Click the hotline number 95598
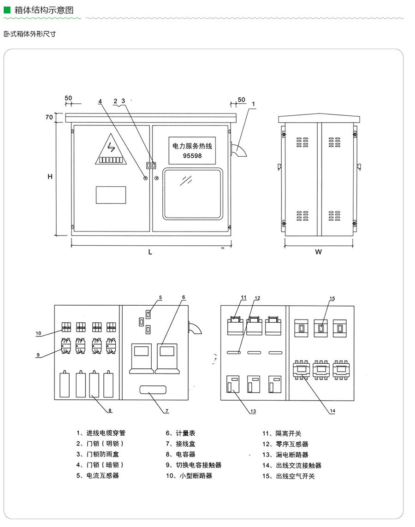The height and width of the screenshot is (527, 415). [x=192, y=156]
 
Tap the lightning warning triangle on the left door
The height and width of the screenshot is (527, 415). [x=111, y=150]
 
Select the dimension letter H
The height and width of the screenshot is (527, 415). [x=50, y=177]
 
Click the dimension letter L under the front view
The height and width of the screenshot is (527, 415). [x=150, y=252]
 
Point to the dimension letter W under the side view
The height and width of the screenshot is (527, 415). [x=319, y=252]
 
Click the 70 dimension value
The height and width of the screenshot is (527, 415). [x=49, y=117]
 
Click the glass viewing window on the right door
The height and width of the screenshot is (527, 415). [x=193, y=194]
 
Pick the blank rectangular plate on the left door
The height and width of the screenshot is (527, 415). [x=111, y=195]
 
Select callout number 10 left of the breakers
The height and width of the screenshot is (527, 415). [x=38, y=333]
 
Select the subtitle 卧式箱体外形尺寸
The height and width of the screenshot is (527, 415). [x=30, y=34]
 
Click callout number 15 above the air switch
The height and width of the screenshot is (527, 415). [x=332, y=299]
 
